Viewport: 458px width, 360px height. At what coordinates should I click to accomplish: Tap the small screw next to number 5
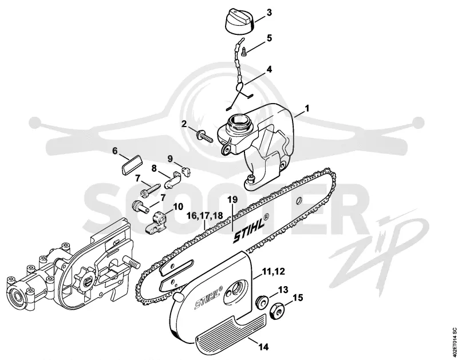click(x=244, y=52)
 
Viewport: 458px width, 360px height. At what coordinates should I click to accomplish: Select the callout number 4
click(x=269, y=69)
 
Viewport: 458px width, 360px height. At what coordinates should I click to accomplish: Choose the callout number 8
click(x=154, y=168)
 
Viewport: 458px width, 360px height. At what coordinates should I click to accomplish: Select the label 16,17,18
click(x=205, y=216)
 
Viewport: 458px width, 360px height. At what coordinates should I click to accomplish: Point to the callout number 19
click(x=232, y=200)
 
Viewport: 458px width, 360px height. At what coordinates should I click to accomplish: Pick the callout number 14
click(x=263, y=347)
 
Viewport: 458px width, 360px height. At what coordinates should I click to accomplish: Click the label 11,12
click(x=274, y=271)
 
